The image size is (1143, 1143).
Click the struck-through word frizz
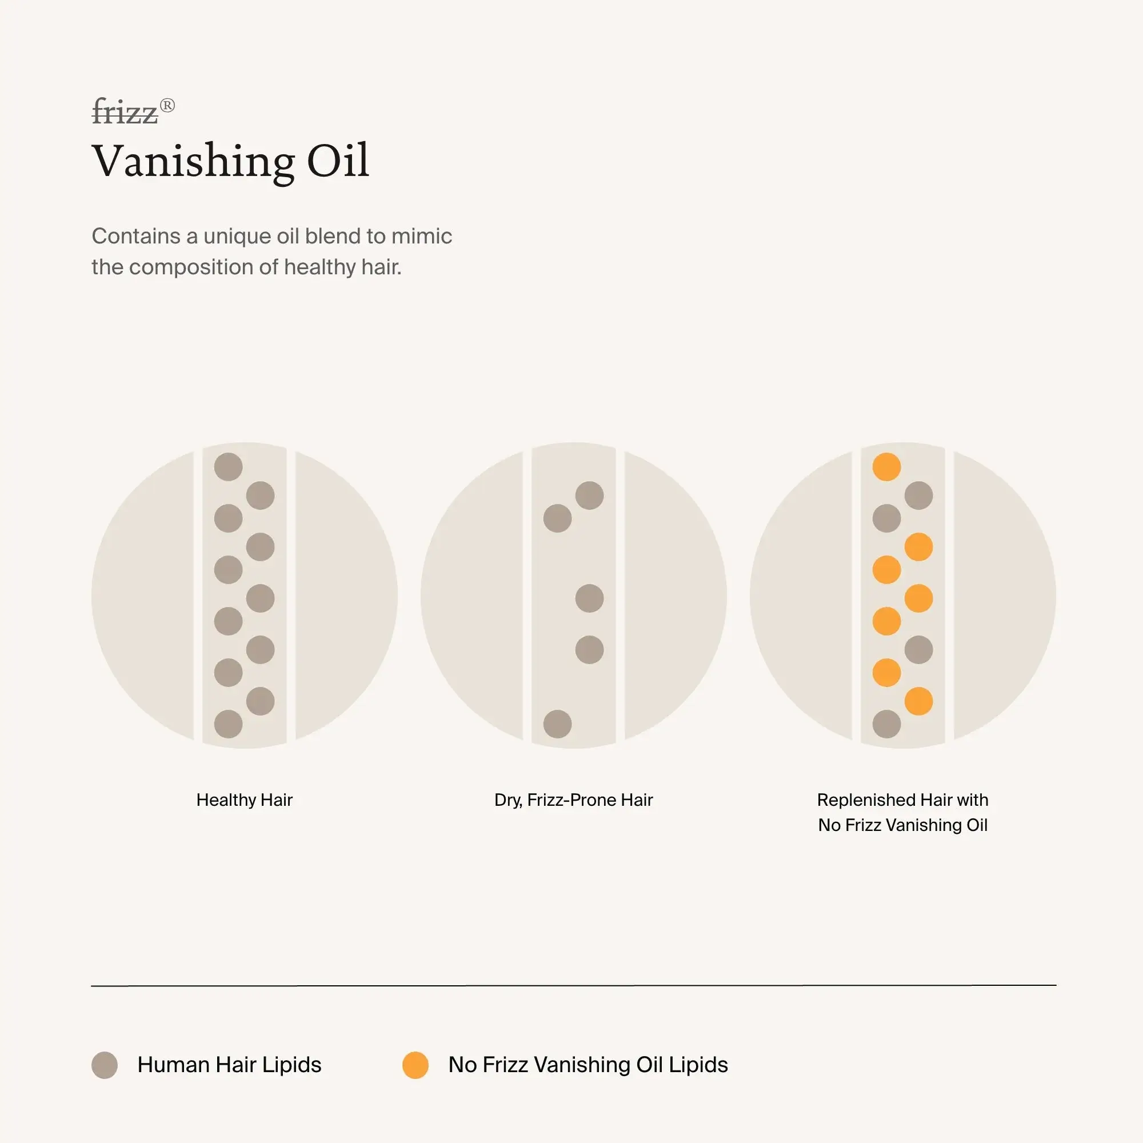pos(125,112)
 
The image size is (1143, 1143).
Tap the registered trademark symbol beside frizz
pos(167,105)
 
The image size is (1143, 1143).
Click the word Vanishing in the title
pos(193,162)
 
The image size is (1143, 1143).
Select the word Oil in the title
pos(338,161)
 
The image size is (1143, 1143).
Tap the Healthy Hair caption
pos(245,800)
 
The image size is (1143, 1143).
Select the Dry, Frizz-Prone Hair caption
pos(573,800)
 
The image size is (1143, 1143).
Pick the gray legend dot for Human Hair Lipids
pos(105,1065)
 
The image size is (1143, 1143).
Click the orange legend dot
pos(415,1065)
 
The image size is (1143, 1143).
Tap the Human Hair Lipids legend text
pos(230,1065)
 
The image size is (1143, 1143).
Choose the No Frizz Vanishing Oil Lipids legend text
pos(588,1065)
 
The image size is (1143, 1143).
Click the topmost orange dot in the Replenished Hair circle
pos(886,467)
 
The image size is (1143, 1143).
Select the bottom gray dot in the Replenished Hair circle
pos(886,724)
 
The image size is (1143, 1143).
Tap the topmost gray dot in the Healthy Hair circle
pos(229,467)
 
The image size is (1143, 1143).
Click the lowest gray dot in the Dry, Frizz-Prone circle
pos(557,724)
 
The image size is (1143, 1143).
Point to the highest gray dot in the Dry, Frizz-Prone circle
pos(589,495)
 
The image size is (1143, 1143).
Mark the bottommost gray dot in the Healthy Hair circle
pos(229,724)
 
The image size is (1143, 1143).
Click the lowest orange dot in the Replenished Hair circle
pos(918,701)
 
